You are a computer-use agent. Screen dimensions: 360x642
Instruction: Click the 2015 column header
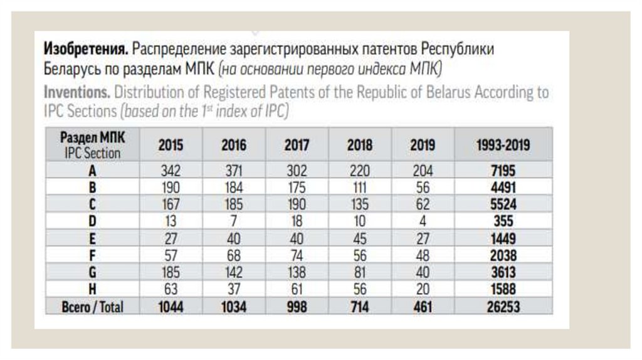pyautogui.click(x=171, y=146)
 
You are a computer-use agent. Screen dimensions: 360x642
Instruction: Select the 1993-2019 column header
pyautogui.click(x=503, y=146)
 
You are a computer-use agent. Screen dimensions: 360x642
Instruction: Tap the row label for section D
pyautogui.click(x=92, y=221)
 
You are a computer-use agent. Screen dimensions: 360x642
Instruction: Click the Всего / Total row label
pyautogui.click(x=92, y=307)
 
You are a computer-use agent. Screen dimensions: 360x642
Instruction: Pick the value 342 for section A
pyautogui.click(x=171, y=170)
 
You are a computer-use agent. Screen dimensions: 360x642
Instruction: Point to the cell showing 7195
pyautogui.click(x=503, y=170)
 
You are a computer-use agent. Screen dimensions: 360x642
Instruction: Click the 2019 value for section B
pyautogui.click(x=423, y=187)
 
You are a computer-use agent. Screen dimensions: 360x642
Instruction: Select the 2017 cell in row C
pyautogui.click(x=297, y=204)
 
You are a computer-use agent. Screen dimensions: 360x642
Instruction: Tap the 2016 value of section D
pyautogui.click(x=234, y=221)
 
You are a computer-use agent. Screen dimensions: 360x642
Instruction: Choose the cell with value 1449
pyautogui.click(x=503, y=238)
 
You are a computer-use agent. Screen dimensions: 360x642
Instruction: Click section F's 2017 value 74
pyautogui.click(x=297, y=255)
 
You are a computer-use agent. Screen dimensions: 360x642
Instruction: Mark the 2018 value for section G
pyautogui.click(x=359, y=272)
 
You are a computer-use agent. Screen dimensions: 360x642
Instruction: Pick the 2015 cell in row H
pyautogui.click(x=171, y=289)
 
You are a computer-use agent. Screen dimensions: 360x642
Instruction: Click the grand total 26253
pyautogui.click(x=503, y=307)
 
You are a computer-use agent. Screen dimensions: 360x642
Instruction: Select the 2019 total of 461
pyautogui.click(x=423, y=307)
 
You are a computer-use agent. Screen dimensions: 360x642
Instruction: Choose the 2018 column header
pyautogui.click(x=359, y=146)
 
